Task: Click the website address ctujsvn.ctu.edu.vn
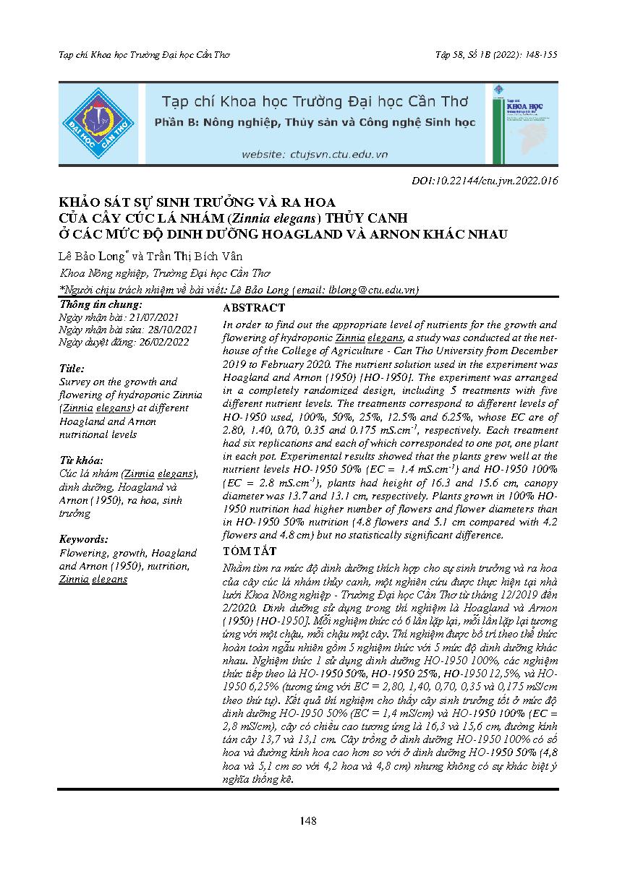click(x=315, y=154)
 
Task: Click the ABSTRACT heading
click(x=254, y=307)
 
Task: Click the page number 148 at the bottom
click(x=308, y=820)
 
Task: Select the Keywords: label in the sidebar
click(x=84, y=538)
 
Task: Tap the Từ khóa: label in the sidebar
click(x=81, y=460)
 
